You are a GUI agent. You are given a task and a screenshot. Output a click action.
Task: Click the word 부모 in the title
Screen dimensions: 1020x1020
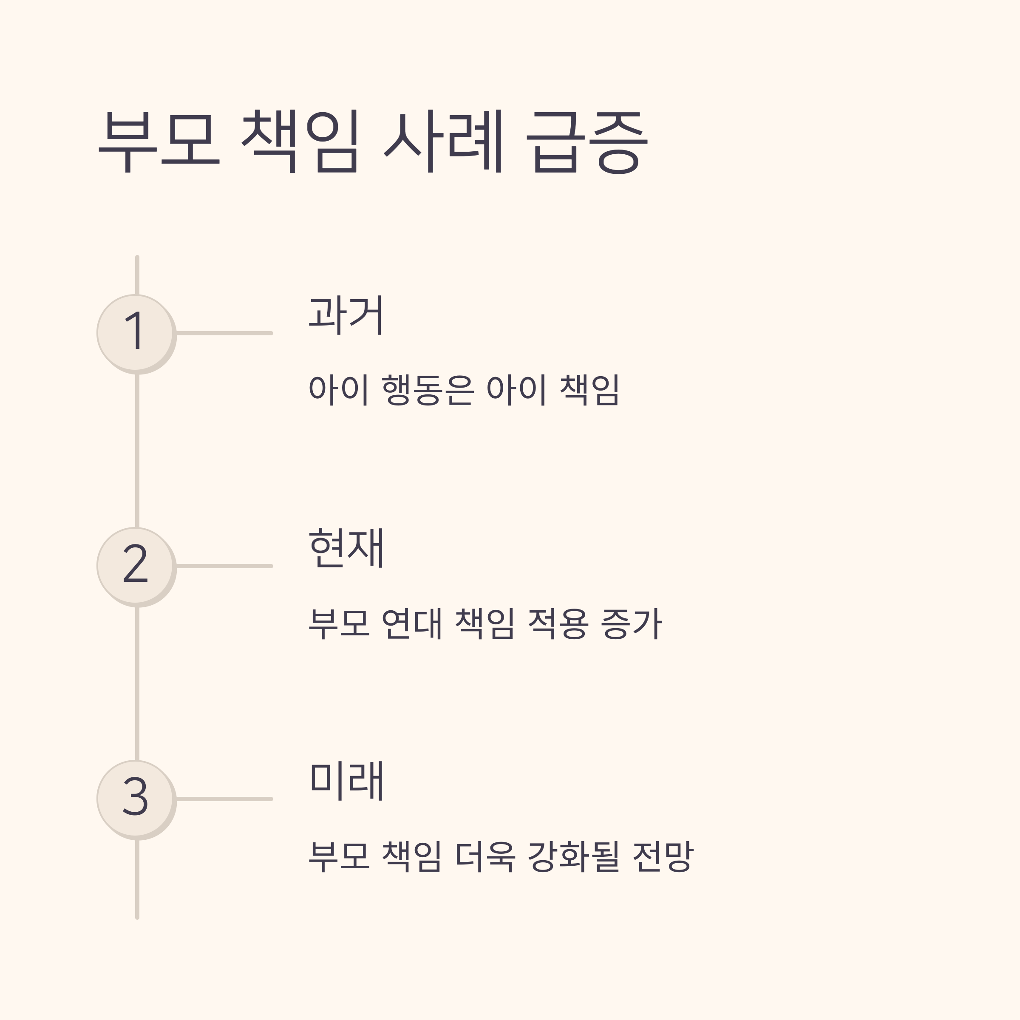click(x=159, y=142)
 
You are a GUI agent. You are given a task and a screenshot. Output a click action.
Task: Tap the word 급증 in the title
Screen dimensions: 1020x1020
click(x=587, y=142)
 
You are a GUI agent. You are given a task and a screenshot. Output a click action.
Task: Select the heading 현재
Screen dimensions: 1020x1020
click(x=346, y=548)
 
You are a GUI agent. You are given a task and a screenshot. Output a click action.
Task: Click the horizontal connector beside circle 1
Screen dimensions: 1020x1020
click(x=224, y=333)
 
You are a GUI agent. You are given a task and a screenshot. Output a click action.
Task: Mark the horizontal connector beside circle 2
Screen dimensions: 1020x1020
click(x=224, y=566)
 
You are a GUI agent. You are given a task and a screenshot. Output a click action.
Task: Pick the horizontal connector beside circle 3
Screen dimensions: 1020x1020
click(x=224, y=799)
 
